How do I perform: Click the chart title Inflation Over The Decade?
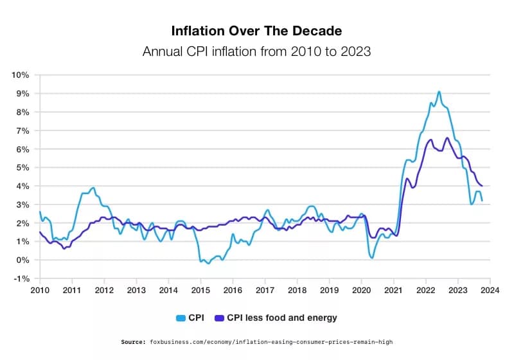(256, 31)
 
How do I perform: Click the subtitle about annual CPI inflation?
(256, 51)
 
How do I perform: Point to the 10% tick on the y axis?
(20, 75)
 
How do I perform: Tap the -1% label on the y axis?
(21, 278)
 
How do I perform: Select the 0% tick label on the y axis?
(22, 260)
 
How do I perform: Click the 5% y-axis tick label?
(22, 167)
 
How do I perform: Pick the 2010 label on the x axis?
(40, 291)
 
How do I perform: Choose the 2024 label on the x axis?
(490, 291)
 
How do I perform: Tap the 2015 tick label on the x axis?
(200, 291)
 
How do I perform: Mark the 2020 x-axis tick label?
(361, 291)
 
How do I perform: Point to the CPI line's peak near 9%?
(439, 91)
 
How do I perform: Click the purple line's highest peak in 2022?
(447, 138)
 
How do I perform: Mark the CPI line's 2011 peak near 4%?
(94, 188)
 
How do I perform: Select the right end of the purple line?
(482, 186)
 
